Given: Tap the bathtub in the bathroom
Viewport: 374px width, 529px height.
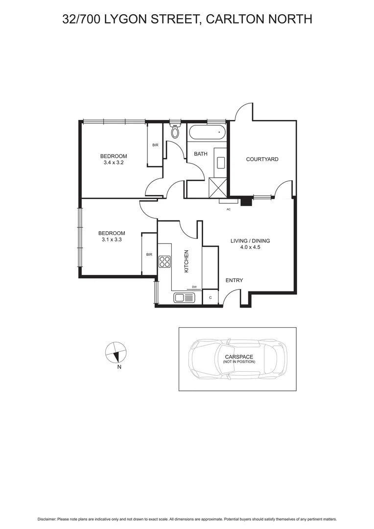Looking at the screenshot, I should click(x=207, y=133).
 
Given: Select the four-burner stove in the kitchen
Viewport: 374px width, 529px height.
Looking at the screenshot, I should click(x=164, y=262).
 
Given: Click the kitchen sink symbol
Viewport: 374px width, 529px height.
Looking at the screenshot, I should click(x=184, y=297).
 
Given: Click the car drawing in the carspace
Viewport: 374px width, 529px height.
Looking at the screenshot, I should click(x=237, y=359).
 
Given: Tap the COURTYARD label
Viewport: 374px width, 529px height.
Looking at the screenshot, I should click(x=262, y=159).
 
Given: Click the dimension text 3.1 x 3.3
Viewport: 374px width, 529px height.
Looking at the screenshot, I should click(x=112, y=240).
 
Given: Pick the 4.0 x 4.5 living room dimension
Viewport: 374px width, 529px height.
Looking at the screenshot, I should click(x=250, y=247).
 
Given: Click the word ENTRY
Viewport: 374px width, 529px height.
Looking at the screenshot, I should click(x=234, y=280).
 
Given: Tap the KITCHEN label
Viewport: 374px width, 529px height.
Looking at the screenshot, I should click(x=186, y=261).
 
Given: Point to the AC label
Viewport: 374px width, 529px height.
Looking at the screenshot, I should click(x=228, y=209).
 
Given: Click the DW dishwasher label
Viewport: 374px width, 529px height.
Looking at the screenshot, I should click(x=194, y=287).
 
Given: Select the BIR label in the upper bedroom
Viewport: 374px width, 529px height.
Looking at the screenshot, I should click(x=155, y=145).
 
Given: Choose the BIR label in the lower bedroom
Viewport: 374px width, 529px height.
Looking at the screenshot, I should click(x=149, y=255).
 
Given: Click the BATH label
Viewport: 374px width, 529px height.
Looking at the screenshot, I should click(x=201, y=154).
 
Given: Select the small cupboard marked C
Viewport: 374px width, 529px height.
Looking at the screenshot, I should click(x=210, y=297).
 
